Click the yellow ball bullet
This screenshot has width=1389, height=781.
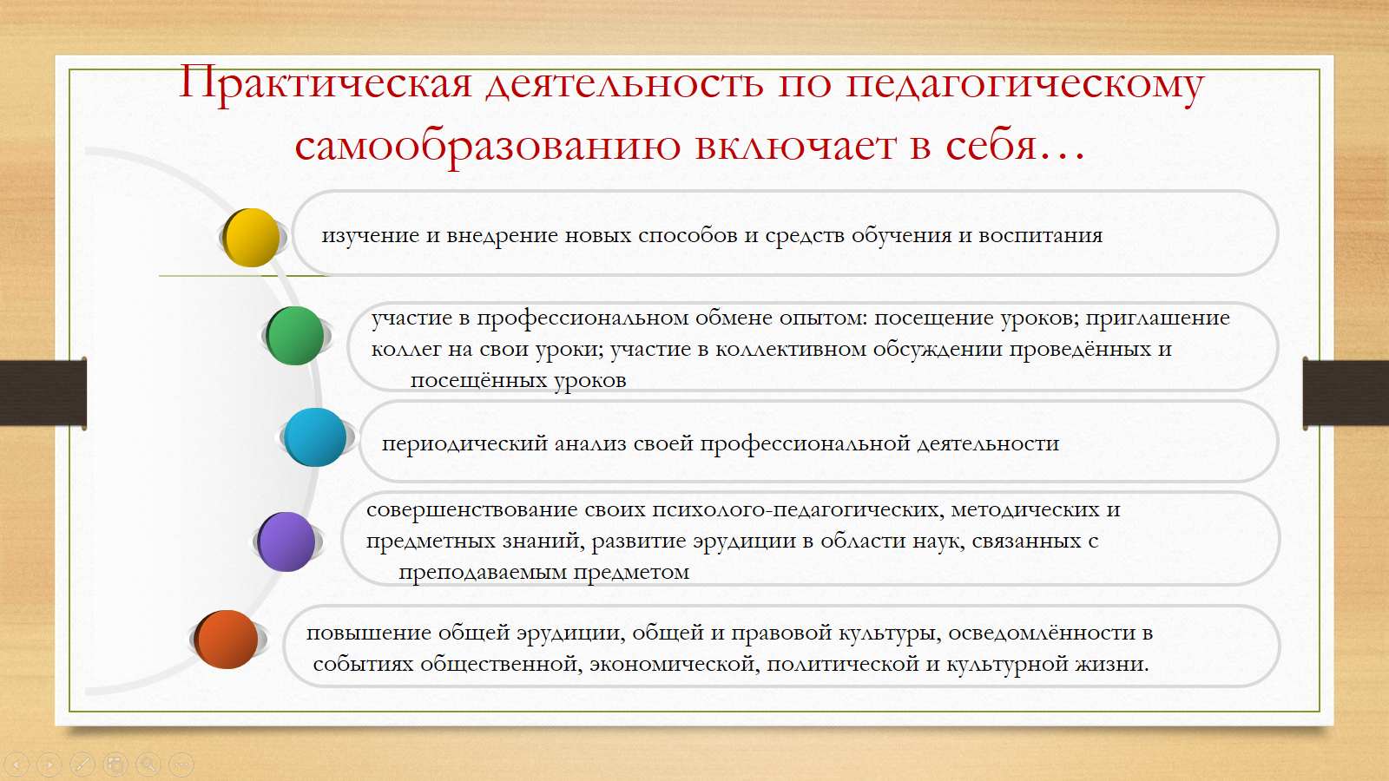[251, 238]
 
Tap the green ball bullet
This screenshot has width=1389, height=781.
[295, 335]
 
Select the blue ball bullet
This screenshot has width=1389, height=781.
[315, 437]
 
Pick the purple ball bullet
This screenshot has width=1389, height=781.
[286, 541]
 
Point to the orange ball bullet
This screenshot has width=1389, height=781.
[227, 639]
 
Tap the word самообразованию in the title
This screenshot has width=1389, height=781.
[487, 147]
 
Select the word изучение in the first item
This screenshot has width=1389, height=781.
[370, 236]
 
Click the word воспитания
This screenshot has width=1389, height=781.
[1041, 236]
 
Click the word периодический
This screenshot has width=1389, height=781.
[464, 444]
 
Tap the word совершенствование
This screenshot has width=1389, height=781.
[472, 510]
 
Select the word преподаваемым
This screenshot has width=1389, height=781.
[483, 572]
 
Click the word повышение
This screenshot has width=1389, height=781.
[369, 633]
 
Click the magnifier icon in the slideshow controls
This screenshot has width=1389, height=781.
[148, 765]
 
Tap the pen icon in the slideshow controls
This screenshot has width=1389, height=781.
[82, 765]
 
